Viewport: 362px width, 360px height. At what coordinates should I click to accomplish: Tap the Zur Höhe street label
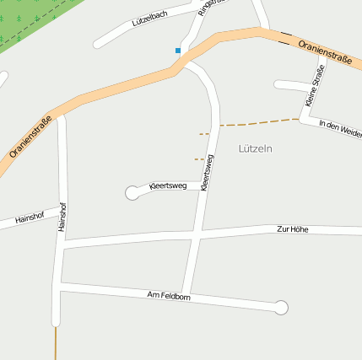pos(293,229)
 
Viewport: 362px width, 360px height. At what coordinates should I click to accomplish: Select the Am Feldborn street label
pos(169,295)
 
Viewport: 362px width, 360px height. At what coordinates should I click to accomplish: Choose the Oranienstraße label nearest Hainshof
pos(31,137)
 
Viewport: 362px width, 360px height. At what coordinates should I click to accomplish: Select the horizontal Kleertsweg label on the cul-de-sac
pos(167,185)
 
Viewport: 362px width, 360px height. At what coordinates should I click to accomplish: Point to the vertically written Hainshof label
pos(61,216)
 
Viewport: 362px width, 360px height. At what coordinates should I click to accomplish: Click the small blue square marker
pos(178,51)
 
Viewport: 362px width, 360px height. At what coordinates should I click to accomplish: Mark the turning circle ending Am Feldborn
pos(282,308)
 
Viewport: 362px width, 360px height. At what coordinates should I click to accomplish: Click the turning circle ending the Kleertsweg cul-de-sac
pos(132,193)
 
